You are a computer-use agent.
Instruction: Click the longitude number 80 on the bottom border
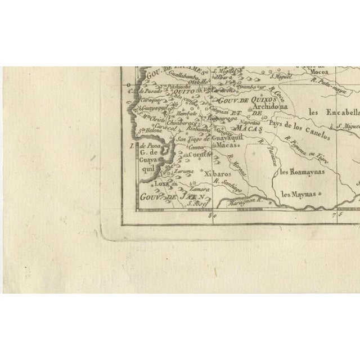[211, 214]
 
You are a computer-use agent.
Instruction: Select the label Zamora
[200, 190]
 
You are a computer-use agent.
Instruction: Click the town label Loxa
[162, 183]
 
